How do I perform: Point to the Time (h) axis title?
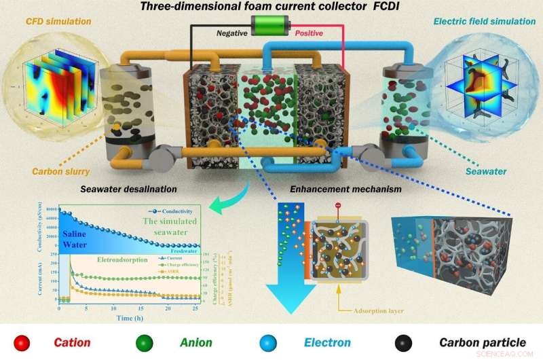tap(130, 318)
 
